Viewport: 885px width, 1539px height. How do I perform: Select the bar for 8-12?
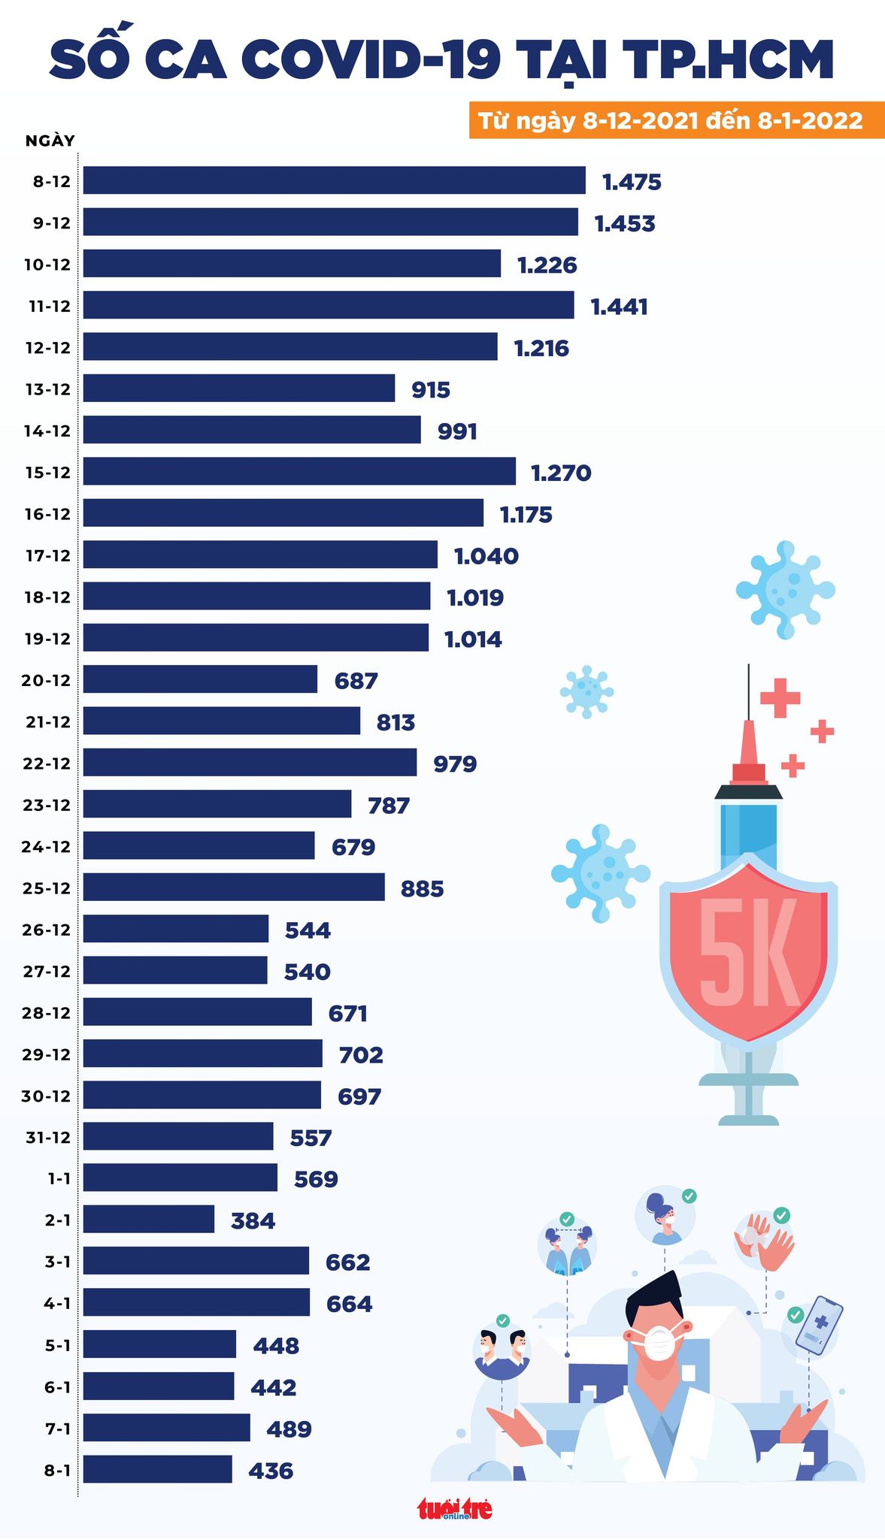click(x=334, y=180)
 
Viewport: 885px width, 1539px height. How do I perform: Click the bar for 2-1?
click(x=149, y=1219)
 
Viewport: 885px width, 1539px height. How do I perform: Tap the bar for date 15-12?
click(x=299, y=471)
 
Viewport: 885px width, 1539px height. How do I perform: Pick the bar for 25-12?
click(x=234, y=887)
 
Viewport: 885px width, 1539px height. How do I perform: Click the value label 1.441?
click(x=619, y=307)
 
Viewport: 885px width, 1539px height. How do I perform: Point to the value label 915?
click(x=431, y=390)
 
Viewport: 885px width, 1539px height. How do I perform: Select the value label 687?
click(x=356, y=681)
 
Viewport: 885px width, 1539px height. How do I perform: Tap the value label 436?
click(x=271, y=1471)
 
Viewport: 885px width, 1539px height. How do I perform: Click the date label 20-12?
click(x=46, y=681)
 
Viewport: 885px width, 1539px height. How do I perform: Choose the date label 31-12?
click(x=48, y=1138)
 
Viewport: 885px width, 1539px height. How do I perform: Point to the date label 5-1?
click(x=57, y=1345)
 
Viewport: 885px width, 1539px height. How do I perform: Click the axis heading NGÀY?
click(x=50, y=141)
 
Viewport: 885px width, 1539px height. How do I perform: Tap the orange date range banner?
click(x=677, y=120)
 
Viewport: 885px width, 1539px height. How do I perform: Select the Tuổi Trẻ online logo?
click(x=455, y=1509)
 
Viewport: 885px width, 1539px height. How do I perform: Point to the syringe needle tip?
click(x=748, y=669)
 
